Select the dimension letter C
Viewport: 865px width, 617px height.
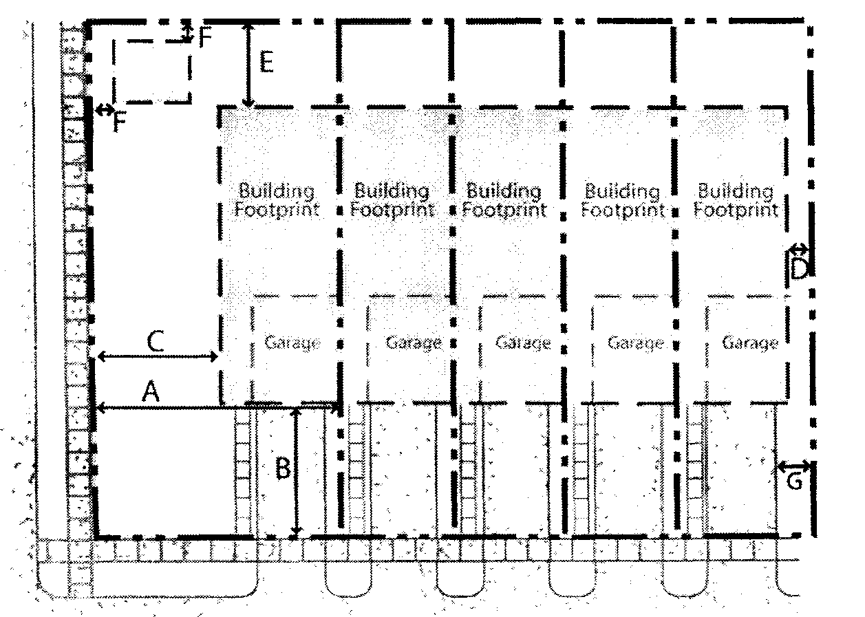point(156,340)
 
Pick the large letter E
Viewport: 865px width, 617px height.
point(266,63)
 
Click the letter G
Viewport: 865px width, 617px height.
point(794,481)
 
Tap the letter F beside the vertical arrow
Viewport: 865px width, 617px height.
point(205,38)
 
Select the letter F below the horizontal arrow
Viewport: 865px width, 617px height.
point(120,123)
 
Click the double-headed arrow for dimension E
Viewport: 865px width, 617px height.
point(249,65)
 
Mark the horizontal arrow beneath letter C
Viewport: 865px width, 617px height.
point(158,356)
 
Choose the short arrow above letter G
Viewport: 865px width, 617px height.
point(793,466)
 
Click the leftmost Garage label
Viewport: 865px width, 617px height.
point(292,342)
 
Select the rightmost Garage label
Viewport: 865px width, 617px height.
point(750,342)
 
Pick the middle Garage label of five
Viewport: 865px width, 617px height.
point(523,342)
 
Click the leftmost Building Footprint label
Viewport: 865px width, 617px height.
point(277,200)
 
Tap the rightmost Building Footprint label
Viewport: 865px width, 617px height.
point(736,200)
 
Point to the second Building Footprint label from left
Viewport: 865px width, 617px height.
point(392,200)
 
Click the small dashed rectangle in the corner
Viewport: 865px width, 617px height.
point(151,71)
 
